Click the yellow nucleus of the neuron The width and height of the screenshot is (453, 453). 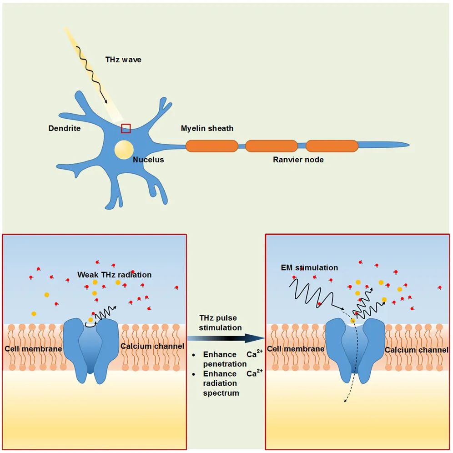tap(124, 149)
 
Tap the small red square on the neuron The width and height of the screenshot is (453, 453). tap(126, 128)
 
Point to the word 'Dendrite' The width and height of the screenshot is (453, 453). tap(64, 128)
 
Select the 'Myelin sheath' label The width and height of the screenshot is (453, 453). tap(207, 128)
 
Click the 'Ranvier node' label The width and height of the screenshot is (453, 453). tap(298, 160)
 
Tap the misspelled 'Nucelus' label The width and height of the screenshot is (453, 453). tap(148, 160)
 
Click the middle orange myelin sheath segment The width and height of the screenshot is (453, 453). tap(271, 146)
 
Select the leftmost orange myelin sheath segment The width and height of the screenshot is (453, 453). tap(211, 146)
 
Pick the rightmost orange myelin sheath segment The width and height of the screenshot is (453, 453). tap(332, 146)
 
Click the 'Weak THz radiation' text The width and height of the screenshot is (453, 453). tap(114, 275)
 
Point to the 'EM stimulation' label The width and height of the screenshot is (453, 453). tap(309, 267)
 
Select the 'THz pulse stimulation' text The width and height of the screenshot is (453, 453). tap(221, 322)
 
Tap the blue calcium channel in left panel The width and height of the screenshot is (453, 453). tap(91, 346)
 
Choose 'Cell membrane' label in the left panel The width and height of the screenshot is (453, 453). tap(33, 348)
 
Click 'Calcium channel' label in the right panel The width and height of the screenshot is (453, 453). tap(416, 350)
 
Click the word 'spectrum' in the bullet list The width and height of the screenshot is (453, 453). tap(221, 393)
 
